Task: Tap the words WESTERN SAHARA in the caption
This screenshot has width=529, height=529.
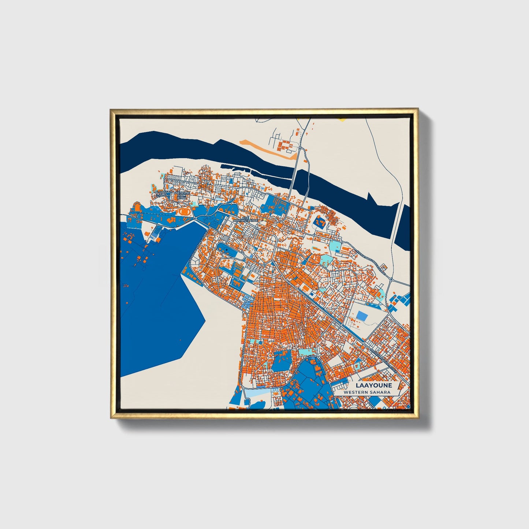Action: [367, 392]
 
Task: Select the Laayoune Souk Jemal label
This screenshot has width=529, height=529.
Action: [182, 195]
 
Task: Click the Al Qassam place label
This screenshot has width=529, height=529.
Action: [161, 193]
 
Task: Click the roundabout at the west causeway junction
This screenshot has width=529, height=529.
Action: [195, 219]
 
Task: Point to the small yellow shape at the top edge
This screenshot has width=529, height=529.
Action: [342, 119]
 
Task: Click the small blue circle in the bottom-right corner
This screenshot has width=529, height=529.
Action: [408, 406]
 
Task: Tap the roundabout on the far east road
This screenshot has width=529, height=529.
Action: [391, 280]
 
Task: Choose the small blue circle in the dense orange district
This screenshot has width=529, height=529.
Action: [260, 343]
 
